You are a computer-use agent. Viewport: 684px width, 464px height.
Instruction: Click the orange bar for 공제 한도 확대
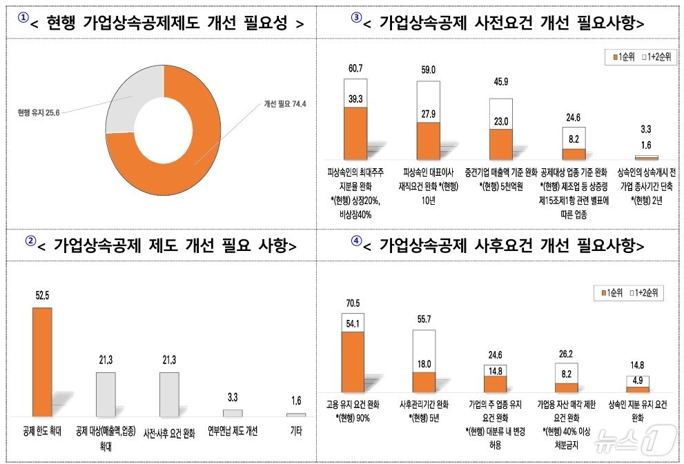pos(42,362)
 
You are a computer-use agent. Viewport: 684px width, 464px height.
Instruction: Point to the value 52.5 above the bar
pos(43,296)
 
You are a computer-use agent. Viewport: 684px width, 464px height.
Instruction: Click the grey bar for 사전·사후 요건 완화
pos(169,394)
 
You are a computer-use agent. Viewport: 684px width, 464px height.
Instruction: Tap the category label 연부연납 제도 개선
pos(233,432)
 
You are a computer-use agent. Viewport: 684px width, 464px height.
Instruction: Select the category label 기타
pos(295,432)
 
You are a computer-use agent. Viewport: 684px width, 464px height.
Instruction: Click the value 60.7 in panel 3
pos(355,69)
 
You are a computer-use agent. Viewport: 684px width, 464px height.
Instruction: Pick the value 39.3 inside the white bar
pos(355,99)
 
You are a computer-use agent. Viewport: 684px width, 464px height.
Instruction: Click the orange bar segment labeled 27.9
pos(428,141)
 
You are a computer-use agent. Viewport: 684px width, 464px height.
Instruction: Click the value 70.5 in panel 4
pos(353,303)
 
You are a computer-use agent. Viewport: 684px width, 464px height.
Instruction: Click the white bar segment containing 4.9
pos(638,381)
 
